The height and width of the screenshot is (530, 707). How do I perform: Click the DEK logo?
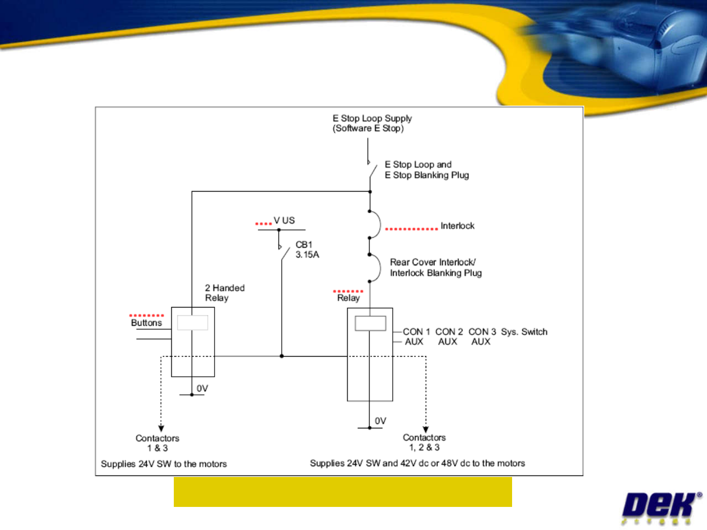[661, 508]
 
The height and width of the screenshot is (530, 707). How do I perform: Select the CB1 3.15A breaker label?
[307, 250]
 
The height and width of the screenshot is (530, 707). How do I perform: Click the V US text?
[284, 221]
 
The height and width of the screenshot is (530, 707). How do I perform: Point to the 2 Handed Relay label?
[225, 293]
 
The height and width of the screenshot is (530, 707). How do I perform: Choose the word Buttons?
[146, 323]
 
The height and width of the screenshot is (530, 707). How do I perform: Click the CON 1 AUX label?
[416, 336]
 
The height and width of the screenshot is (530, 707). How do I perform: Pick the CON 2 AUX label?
[449, 336]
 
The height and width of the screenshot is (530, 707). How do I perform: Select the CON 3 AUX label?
[482, 336]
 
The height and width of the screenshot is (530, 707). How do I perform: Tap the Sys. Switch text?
[524, 332]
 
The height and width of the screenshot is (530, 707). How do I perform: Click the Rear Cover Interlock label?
[436, 268]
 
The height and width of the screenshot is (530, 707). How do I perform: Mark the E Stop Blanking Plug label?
[427, 175]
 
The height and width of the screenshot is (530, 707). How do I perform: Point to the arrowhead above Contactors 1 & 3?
[161, 428]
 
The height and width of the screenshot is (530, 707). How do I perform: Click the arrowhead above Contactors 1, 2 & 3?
[426, 429]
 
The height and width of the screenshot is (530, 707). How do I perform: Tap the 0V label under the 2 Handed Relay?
[202, 388]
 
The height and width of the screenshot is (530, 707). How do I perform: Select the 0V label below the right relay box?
[381, 421]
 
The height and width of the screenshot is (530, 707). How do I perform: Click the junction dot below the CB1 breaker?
[281, 356]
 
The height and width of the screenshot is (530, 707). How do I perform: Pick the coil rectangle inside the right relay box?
[370, 323]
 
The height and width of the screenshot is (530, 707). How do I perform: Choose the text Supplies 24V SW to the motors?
[163, 464]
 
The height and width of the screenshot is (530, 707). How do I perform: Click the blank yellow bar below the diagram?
[343, 492]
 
